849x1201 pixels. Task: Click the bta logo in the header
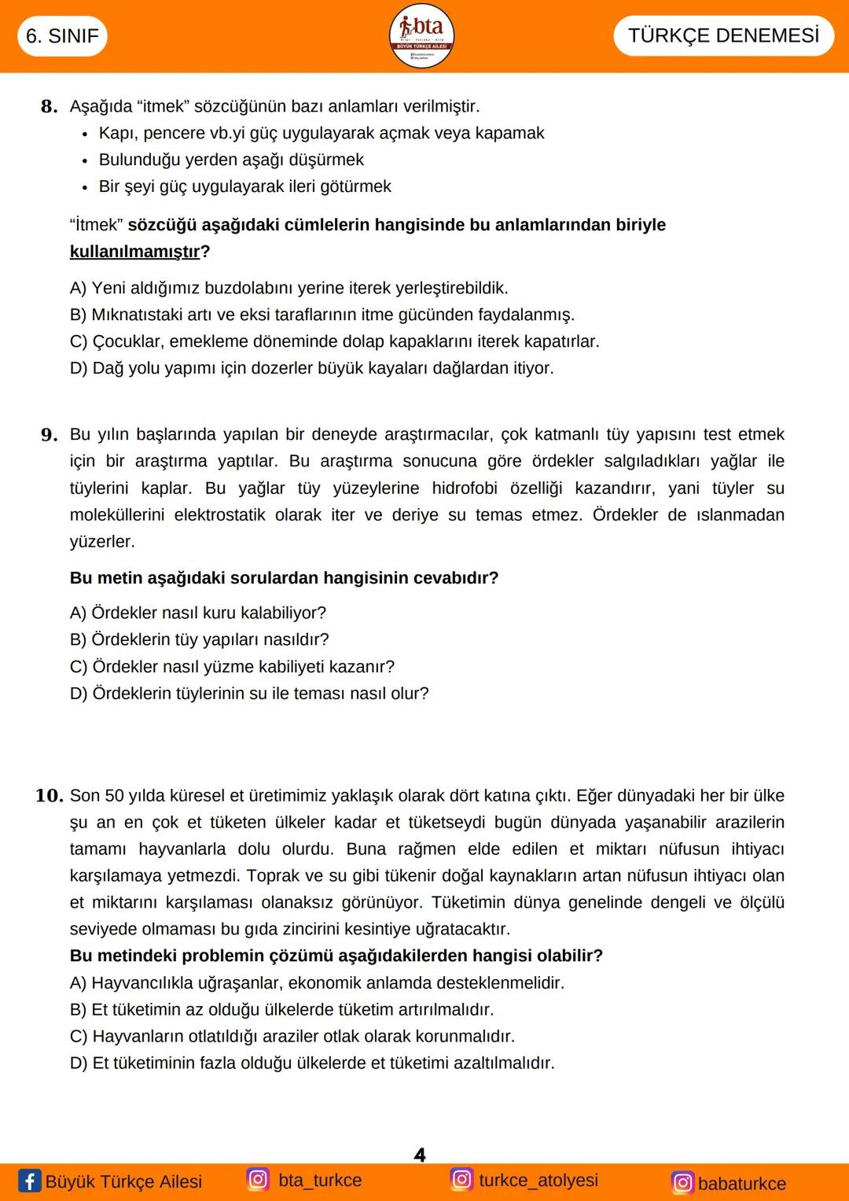(422, 35)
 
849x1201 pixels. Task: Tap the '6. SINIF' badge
(62, 36)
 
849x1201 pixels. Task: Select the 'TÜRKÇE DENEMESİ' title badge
(723, 35)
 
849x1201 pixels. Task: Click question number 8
(49, 107)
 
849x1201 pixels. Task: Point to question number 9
(49, 435)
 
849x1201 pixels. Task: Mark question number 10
(49, 796)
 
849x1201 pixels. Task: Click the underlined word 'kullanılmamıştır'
(134, 252)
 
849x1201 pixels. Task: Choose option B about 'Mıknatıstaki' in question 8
(322, 315)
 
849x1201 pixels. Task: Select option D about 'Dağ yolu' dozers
(311, 368)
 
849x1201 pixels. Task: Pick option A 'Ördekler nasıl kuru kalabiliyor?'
(197, 613)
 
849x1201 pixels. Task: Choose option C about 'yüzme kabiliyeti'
(232, 667)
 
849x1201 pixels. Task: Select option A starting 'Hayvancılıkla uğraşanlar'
(317, 983)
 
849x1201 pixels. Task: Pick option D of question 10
(312, 1063)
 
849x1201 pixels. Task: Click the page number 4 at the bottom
(420, 1155)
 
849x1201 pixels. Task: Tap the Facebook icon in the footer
(29, 1181)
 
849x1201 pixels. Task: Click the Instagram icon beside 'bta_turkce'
(258, 1179)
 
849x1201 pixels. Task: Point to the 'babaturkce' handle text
(741, 1184)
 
